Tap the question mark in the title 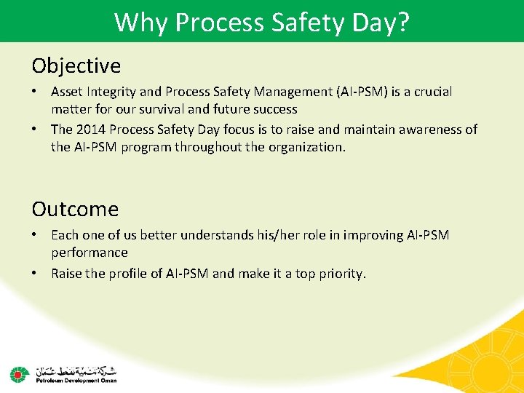[x=402, y=22]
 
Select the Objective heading [x=76, y=66]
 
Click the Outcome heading [x=74, y=210]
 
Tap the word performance [x=89, y=253]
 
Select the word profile [x=132, y=274]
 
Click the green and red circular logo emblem [x=18, y=374]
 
